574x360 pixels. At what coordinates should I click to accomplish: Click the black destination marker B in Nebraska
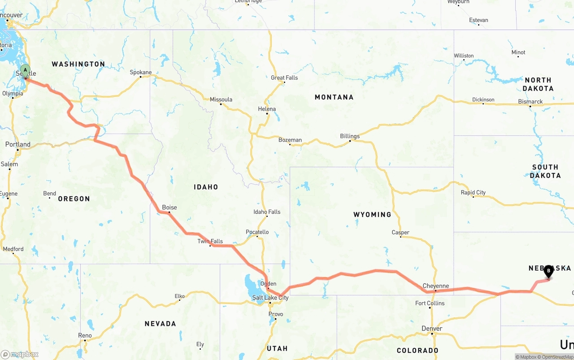point(548,271)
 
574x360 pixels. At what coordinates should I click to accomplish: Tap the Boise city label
point(170,208)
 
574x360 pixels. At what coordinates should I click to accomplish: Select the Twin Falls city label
point(210,241)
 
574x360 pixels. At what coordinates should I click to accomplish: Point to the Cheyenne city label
point(435,286)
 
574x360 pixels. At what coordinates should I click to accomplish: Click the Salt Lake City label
point(270,298)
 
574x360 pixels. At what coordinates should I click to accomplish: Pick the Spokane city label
point(141,72)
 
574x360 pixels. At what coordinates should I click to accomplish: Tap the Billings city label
point(350,136)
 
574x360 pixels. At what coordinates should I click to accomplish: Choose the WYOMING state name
point(372,215)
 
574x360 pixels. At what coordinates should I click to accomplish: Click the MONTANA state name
point(334,97)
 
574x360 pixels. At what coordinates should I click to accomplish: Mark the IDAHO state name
point(206,187)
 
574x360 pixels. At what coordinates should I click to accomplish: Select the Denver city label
point(432,329)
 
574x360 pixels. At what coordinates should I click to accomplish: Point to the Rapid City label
point(473,193)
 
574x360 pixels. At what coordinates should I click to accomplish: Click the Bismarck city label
point(531,102)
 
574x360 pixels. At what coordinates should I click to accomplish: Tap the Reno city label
point(85,335)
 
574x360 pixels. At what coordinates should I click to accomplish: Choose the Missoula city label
point(221,100)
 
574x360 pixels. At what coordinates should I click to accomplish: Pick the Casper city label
point(400,232)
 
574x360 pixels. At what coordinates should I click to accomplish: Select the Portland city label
point(18,144)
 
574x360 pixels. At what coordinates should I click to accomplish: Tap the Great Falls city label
point(284,78)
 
